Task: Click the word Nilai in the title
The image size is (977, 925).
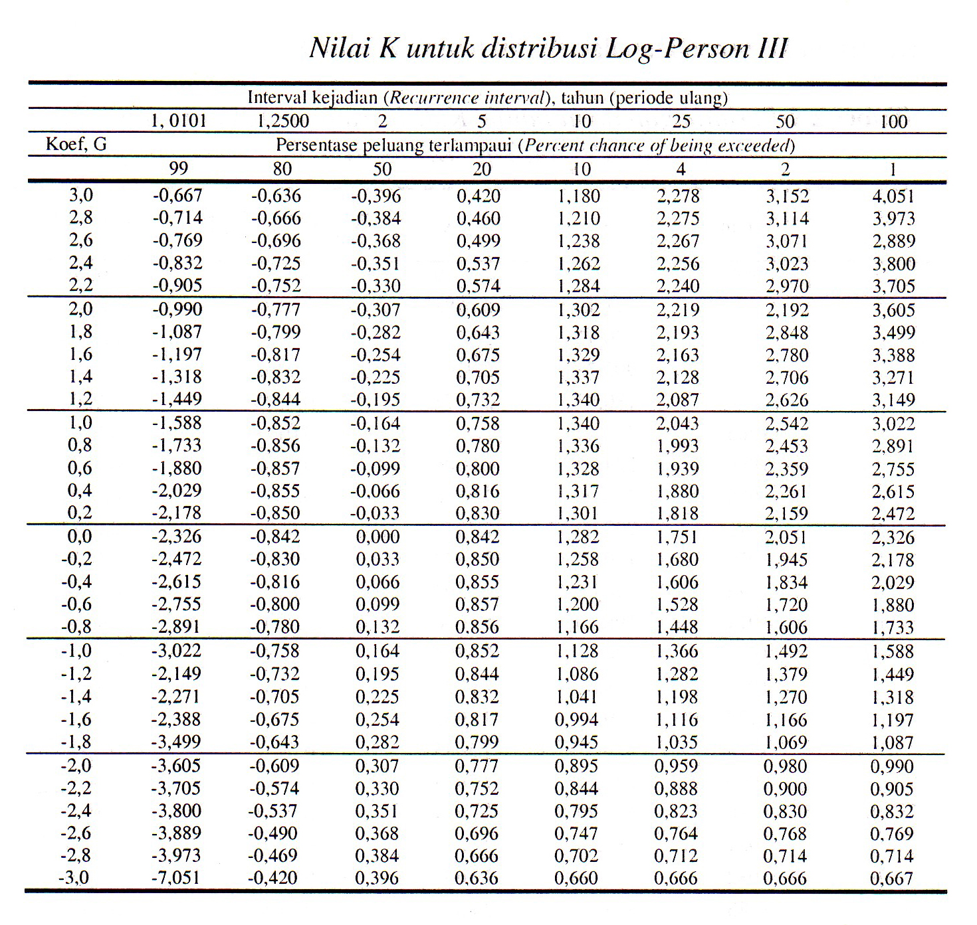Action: tap(339, 48)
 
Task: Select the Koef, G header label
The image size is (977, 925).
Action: tap(76, 144)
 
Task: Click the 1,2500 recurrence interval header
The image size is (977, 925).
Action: tap(282, 121)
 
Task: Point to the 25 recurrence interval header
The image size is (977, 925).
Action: tap(681, 121)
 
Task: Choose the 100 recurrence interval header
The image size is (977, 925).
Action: tap(893, 122)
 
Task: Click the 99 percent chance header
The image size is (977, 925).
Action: tap(178, 169)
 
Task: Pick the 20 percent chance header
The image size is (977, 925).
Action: tap(481, 169)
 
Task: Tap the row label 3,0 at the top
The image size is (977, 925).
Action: tap(80, 195)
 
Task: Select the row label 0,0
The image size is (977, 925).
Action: tap(79, 537)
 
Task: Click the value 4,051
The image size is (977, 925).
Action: tap(893, 197)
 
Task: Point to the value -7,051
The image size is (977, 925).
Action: tap(176, 878)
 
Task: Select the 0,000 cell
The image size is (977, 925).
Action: tap(378, 537)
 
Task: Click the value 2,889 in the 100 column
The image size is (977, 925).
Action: tap(893, 241)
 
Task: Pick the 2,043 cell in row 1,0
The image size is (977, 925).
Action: tap(678, 424)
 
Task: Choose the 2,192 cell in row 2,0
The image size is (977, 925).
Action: tap(787, 310)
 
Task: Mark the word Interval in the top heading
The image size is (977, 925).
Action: tap(277, 98)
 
